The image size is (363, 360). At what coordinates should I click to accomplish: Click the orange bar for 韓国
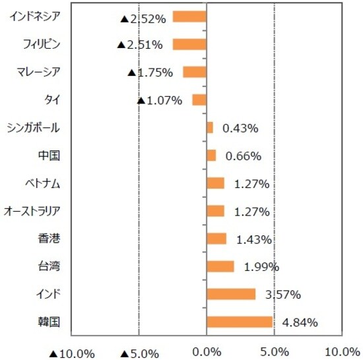pos(239,322)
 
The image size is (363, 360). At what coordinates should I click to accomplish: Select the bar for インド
pos(230,294)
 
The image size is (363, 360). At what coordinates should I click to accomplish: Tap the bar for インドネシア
pos(189,16)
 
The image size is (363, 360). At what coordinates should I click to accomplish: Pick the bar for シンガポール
pos(209,127)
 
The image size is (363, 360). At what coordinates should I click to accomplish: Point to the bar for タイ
pos(199,100)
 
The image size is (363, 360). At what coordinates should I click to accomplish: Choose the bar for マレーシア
pos(195,72)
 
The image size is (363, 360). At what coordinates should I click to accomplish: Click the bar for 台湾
pos(220,266)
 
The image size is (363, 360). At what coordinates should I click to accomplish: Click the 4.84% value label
pos(300,322)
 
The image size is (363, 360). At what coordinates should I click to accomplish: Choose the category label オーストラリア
pos(32,211)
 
